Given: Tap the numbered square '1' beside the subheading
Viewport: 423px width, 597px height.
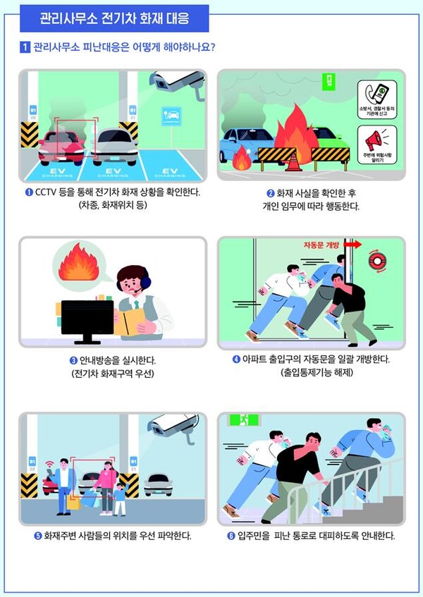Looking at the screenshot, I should point(25,48).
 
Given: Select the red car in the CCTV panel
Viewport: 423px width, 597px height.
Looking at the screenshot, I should point(62,147).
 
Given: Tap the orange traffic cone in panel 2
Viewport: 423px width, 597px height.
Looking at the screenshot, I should point(291,161).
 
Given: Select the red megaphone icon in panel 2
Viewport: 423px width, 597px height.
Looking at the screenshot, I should point(377,137).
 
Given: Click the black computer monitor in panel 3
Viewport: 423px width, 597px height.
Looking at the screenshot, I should point(87,319).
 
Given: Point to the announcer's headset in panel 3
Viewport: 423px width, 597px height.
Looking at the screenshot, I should point(143,281).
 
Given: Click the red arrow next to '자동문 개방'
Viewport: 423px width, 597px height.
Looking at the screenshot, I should point(352,245).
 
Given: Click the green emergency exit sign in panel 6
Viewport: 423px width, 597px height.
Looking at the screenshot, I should point(241,421).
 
